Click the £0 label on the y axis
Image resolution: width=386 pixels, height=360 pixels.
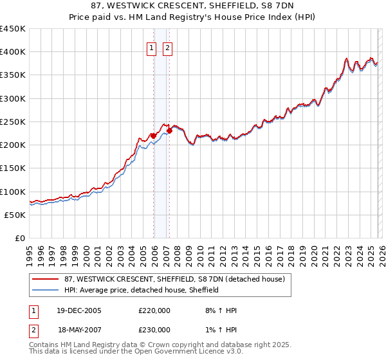click(19, 239)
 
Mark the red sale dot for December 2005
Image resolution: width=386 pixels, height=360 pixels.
click(153, 136)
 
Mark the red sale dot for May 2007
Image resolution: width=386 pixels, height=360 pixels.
click(169, 131)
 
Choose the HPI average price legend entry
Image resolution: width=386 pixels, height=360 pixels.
click(142, 290)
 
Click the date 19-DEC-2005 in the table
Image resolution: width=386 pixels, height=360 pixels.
click(80, 310)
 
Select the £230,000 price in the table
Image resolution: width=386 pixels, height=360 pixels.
click(154, 330)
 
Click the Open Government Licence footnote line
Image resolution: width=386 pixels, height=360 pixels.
click(136, 352)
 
